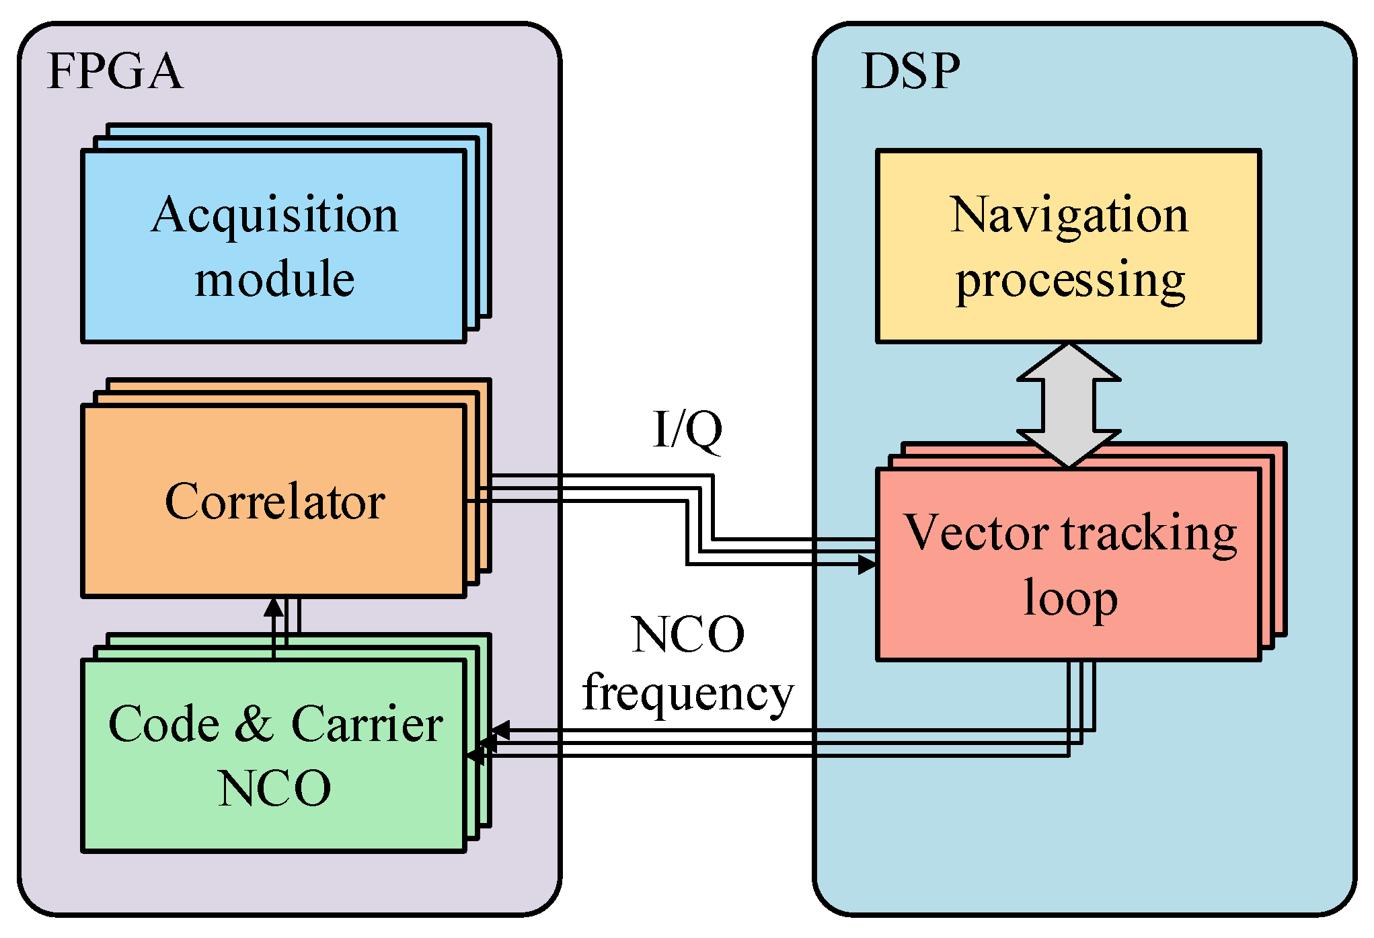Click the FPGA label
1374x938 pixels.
click(114, 71)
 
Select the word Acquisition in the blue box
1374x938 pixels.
click(274, 215)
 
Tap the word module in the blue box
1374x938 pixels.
click(274, 279)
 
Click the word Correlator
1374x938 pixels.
click(274, 502)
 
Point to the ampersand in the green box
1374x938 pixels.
click(254, 724)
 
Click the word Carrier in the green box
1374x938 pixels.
click(367, 724)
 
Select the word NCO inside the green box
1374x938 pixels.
click(274, 788)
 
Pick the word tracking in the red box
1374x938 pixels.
click(1149, 535)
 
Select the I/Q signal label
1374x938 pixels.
click(687, 430)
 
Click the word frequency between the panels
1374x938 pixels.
click(687, 694)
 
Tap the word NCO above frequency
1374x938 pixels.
click(687, 635)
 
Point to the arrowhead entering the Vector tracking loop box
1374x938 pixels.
click(868, 564)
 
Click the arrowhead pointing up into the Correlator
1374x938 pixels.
click(274, 607)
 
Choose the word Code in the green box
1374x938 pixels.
click(163, 724)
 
